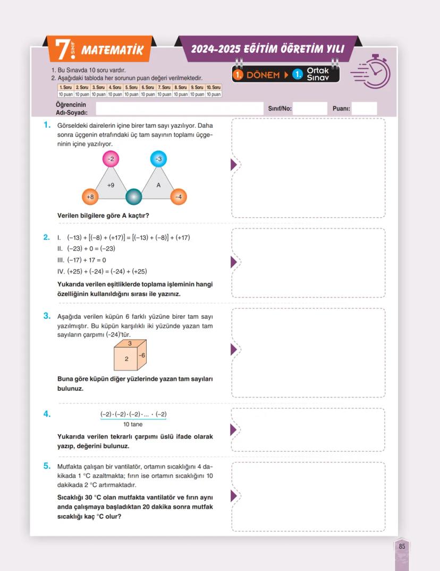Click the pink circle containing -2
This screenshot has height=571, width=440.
click(x=111, y=159)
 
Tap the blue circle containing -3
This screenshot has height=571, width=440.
click(x=158, y=159)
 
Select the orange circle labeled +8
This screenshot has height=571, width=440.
click(x=90, y=197)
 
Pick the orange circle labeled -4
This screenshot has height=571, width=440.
click(x=179, y=197)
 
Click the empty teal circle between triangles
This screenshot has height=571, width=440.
click(x=134, y=197)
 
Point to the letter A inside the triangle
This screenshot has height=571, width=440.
click(x=158, y=185)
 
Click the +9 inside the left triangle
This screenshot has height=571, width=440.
click(x=111, y=186)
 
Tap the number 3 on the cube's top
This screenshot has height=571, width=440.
click(x=130, y=344)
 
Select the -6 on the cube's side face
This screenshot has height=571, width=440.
click(x=142, y=355)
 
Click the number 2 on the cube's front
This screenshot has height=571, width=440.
click(x=126, y=359)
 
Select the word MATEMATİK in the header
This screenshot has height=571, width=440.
click(x=112, y=51)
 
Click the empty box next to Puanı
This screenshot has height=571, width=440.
click(x=364, y=109)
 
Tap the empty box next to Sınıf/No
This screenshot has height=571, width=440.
click(x=310, y=109)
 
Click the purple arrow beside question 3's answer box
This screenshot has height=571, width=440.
click(x=233, y=350)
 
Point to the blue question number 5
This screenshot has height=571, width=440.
click(x=47, y=466)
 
